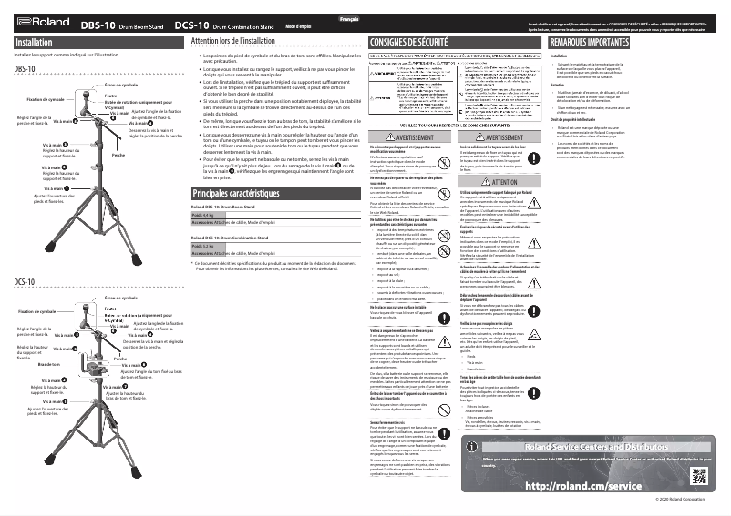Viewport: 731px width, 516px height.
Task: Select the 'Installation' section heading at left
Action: (x=35, y=43)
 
